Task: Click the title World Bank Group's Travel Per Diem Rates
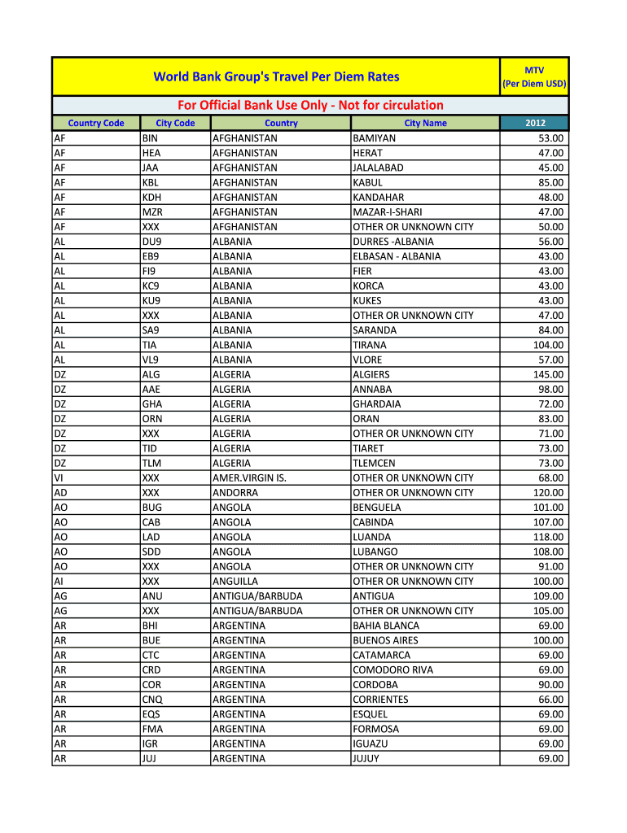point(277,76)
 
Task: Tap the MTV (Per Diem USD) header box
point(534,76)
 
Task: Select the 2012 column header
point(534,123)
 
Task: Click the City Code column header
point(175,123)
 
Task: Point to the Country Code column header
point(96,123)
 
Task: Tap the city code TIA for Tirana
point(151,345)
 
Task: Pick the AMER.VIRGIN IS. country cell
point(249,478)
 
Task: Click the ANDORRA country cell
point(235,492)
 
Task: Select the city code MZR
point(152,212)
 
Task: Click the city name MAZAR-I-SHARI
point(388,212)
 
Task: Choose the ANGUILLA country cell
point(235,581)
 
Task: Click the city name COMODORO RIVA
point(392,669)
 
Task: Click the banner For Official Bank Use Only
point(310,105)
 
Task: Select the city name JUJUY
point(366,758)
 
